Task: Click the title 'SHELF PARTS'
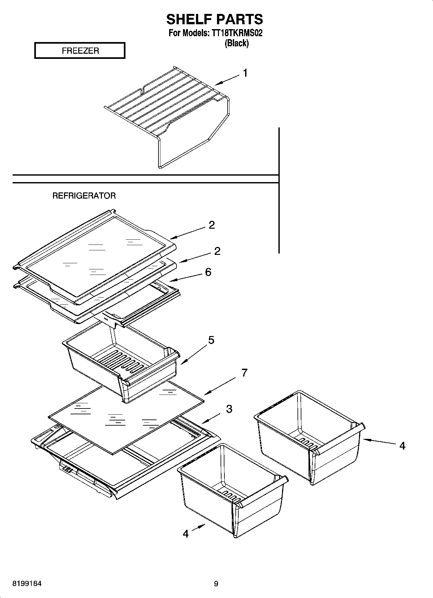pos(214,19)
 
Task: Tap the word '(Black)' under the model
pos(236,43)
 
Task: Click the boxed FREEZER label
pos(80,51)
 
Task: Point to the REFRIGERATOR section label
pos(84,196)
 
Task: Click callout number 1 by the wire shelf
pos(245,73)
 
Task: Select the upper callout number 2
pos(211,225)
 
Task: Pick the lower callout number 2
pos(217,251)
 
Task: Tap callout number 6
pos(208,272)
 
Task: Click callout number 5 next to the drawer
pos(211,340)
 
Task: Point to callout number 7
pos(244,373)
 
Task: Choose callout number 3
pos(229,409)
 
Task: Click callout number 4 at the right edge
pos(402,446)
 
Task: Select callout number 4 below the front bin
pos(186,533)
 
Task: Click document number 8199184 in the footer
pos(27,584)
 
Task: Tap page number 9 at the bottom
pos(216,584)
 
